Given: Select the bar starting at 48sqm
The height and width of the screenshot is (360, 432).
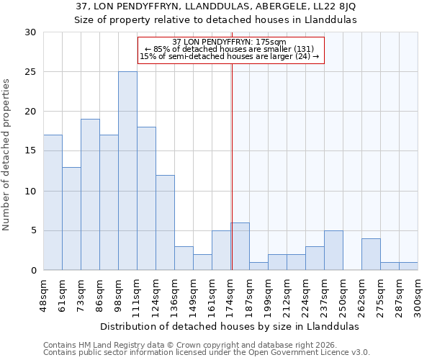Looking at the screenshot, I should pyautogui.click(x=53, y=202).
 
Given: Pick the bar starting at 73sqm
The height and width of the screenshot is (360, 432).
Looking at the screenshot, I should pyautogui.click(x=90, y=194).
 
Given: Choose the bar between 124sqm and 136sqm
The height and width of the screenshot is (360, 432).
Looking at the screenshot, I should pyautogui.click(x=165, y=222).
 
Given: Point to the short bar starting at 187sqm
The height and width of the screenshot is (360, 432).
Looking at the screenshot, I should pyautogui.click(x=258, y=266).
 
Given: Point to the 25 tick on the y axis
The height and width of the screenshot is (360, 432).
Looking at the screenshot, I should pyautogui.click(x=30, y=72).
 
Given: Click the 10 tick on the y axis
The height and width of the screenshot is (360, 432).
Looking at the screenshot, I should pyautogui.click(x=30, y=192).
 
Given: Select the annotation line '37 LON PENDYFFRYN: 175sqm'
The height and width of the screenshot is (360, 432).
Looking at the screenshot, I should pyautogui.click(x=230, y=42).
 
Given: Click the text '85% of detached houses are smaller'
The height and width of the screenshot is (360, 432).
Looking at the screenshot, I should pyautogui.click(x=222, y=49).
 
